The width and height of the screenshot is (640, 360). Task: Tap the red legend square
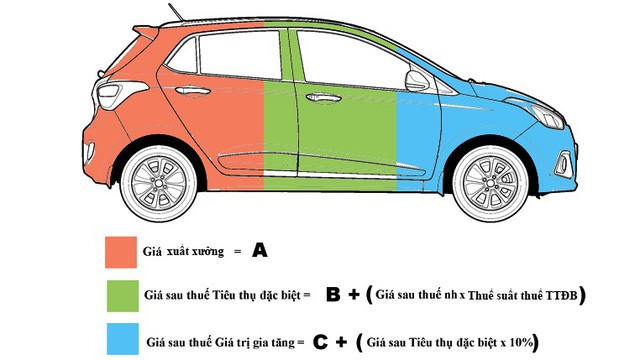[122, 251]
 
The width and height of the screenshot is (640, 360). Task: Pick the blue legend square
[122, 341]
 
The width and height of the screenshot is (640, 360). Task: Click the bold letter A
[260, 251]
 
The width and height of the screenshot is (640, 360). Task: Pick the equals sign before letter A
[237, 252]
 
